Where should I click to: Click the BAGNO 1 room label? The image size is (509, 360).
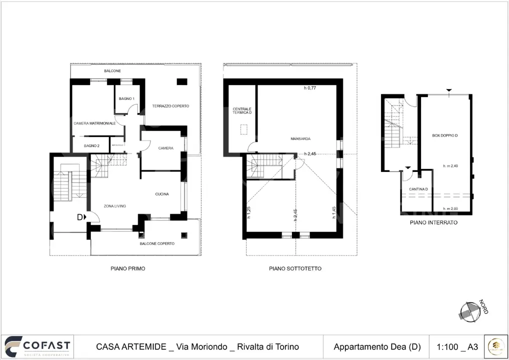coord(126,98)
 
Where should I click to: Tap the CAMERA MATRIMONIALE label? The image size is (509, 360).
coord(94,123)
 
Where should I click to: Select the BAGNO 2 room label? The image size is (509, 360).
coord(91,145)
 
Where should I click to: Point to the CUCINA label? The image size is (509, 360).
coord(161,194)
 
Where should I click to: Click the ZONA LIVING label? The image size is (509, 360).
coord(114,206)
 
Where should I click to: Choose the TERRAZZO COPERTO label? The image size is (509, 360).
coord(170,106)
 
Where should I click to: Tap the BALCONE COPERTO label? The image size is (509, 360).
coord(157,243)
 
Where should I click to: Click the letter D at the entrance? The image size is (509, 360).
coord(79,217)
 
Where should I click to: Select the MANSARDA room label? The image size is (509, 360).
coord(300,138)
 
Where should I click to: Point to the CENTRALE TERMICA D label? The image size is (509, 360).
coord(242,111)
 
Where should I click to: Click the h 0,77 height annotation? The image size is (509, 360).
coord(310,88)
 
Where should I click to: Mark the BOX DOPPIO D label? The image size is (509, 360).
coord(445,135)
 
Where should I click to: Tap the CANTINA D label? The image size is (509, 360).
coord(418,189)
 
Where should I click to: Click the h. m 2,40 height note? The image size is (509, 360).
coord(450,166)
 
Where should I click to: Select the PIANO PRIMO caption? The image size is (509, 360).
coord(128,268)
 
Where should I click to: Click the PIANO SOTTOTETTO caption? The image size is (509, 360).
coord(295,268)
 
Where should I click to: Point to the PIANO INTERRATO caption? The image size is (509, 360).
coord(433,222)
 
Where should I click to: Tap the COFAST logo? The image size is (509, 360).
coord(37,346)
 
